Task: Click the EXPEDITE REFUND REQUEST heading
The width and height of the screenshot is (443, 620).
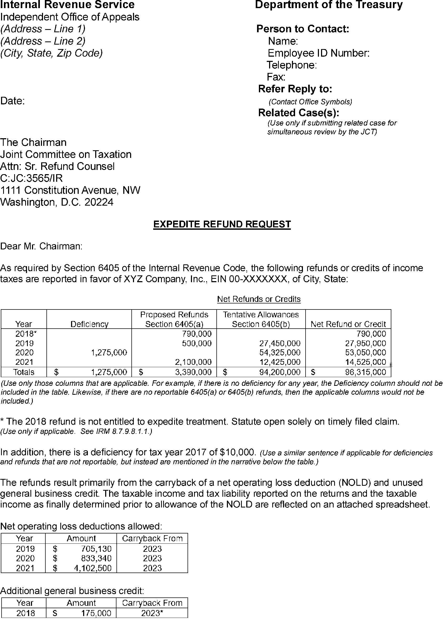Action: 222,224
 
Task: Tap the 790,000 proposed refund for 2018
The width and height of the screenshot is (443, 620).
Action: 197,334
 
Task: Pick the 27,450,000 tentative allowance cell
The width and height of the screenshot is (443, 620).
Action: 280,343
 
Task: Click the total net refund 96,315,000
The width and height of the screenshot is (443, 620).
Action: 366,372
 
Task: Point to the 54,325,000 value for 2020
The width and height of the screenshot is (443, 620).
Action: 280,352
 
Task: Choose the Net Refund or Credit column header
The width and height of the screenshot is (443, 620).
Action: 348,324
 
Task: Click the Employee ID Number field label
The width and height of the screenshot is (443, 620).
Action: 318,53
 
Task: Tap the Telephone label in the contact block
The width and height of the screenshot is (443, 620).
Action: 291,65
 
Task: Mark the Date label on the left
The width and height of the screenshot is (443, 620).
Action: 13,101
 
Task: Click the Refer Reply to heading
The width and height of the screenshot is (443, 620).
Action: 295,89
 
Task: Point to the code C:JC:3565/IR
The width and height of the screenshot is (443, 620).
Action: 31,178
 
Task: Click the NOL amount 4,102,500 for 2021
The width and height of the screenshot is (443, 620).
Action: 93,568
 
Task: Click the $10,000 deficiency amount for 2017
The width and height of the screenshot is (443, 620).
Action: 238,452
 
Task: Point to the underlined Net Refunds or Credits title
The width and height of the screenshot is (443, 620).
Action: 259,299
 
